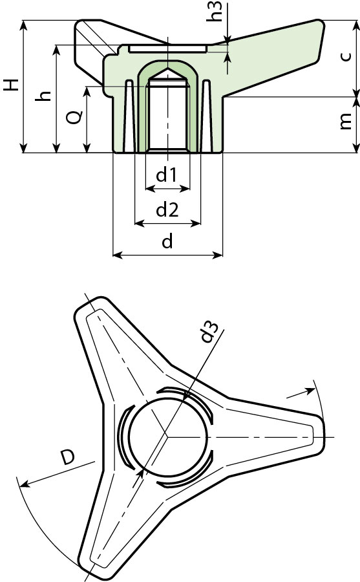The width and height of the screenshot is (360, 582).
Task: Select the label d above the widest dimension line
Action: pos(167,242)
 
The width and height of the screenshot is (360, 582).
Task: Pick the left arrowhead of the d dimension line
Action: pos(117,255)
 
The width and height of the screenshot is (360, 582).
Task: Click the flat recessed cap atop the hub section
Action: pos(167,48)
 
